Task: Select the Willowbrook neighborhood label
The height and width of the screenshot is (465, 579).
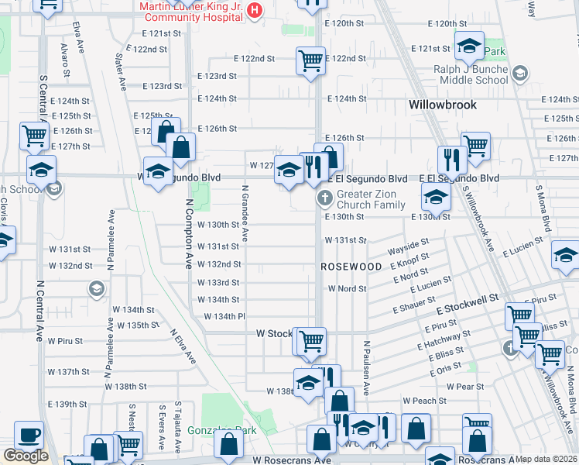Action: [443, 104]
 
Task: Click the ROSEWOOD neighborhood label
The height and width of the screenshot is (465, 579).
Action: [351, 267]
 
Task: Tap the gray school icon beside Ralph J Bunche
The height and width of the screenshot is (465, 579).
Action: [519, 74]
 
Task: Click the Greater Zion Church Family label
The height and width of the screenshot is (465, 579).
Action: [371, 199]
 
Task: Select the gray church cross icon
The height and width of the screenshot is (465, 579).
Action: [324, 199]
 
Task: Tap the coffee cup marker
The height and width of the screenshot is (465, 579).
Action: [29, 435]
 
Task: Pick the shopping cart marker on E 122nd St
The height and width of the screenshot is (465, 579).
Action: [310, 60]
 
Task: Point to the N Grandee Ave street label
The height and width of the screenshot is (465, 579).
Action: [245, 212]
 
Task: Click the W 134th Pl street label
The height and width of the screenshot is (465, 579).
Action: [224, 316]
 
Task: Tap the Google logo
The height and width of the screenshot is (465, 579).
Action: [26, 456]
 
